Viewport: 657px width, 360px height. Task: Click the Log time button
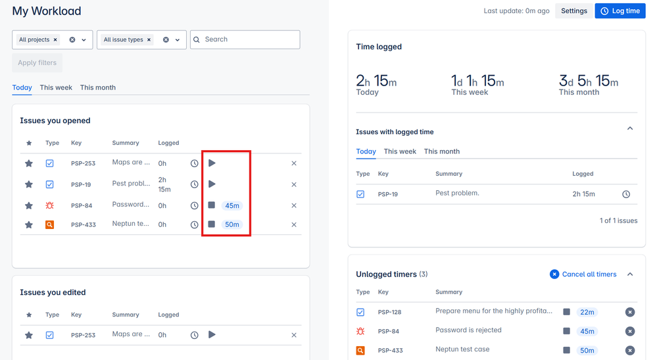click(x=620, y=11)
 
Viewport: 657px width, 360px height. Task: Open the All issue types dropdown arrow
click(x=178, y=40)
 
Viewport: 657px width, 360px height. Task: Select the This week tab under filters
click(x=56, y=88)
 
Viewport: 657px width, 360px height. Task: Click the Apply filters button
click(x=37, y=63)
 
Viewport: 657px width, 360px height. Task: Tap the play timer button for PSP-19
click(x=212, y=184)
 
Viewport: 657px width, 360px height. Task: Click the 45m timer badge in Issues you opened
click(x=231, y=206)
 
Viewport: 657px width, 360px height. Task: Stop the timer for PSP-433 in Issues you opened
click(x=212, y=224)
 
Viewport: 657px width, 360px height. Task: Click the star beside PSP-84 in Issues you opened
click(x=29, y=206)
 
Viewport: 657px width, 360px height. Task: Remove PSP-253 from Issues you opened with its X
click(x=294, y=163)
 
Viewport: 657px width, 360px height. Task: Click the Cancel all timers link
click(x=583, y=274)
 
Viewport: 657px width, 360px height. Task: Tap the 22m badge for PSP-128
click(x=587, y=313)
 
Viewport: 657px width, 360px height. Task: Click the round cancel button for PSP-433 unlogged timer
click(x=629, y=350)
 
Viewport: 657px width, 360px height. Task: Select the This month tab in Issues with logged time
click(x=442, y=151)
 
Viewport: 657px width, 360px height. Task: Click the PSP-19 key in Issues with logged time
click(x=389, y=195)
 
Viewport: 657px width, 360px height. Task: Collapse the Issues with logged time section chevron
click(x=630, y=129)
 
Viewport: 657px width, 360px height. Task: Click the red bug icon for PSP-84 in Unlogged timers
click(x=360, y=331)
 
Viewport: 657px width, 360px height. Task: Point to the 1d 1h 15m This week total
click(x=477, y=82)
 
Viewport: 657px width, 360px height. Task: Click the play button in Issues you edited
click(x=212, y=335)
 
